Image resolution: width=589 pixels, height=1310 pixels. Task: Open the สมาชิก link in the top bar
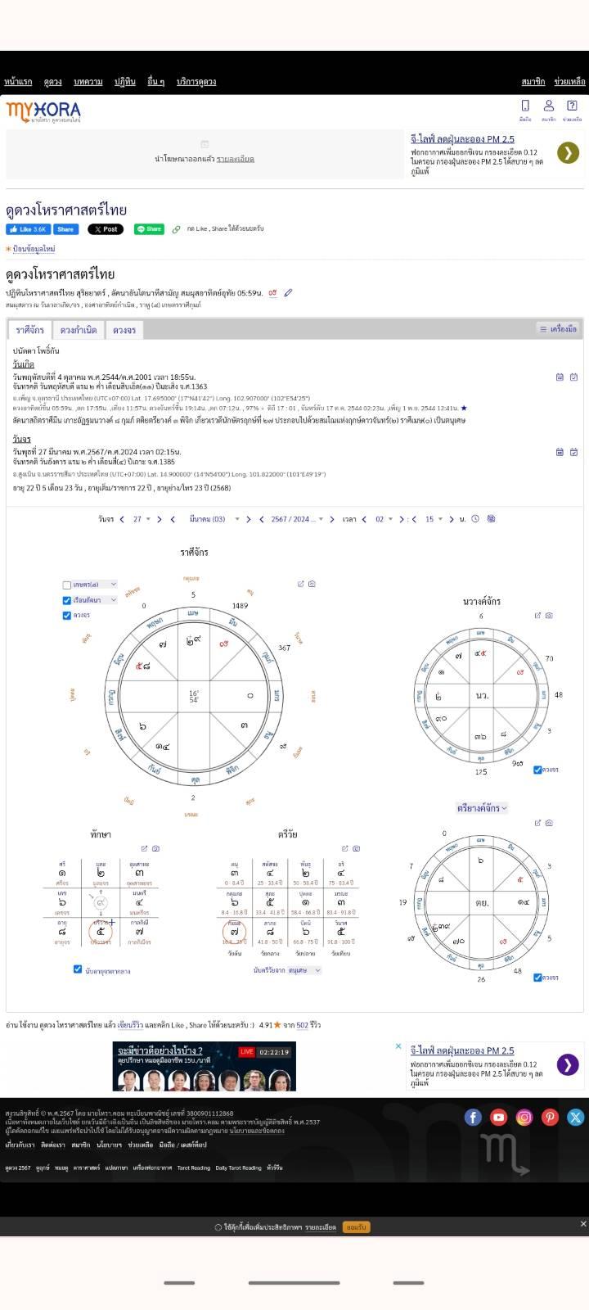coord(533,82)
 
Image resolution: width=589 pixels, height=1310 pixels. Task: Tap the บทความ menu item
coord(88,82)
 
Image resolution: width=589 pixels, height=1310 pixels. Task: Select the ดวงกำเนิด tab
coord(79,330)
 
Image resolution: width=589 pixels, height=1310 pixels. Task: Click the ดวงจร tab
coord(124,330)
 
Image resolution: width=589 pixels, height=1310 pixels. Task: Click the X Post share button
coord(106,229)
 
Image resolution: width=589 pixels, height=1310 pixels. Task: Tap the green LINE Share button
coord(149,229)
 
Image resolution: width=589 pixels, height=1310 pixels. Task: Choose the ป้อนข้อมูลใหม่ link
coord(33,249)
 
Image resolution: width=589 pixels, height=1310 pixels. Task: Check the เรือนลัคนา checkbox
coord(67,600)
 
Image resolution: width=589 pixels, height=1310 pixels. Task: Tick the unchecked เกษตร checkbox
coord(67,585)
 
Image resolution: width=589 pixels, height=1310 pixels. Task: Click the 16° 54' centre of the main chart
coord(194,696)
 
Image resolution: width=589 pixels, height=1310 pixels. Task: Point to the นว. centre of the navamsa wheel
coord(482,695)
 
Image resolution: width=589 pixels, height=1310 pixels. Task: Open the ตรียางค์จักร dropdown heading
coord(482,808)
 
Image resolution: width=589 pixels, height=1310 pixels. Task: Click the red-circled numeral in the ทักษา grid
coord(101,931)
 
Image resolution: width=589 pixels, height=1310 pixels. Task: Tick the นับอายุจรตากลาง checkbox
coord(78,969)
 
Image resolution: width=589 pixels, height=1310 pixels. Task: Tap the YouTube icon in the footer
coord(499,1117)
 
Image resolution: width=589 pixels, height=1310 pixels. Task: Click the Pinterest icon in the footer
coord(550,1117)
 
